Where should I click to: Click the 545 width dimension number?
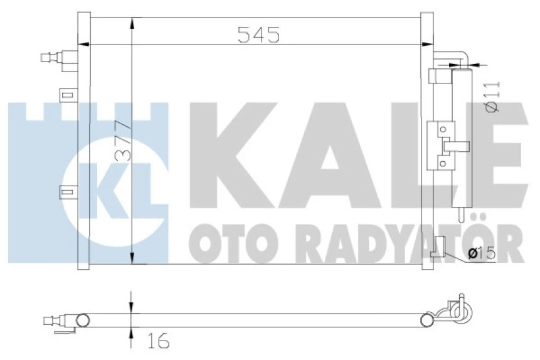tap(258, 35)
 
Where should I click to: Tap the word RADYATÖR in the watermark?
tap(401, 241)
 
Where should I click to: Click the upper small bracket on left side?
tap(66, 95)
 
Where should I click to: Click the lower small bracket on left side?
tap(66, 193)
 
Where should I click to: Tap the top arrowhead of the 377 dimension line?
tap(131, 23)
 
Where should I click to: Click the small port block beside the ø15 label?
tap(440, 246)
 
